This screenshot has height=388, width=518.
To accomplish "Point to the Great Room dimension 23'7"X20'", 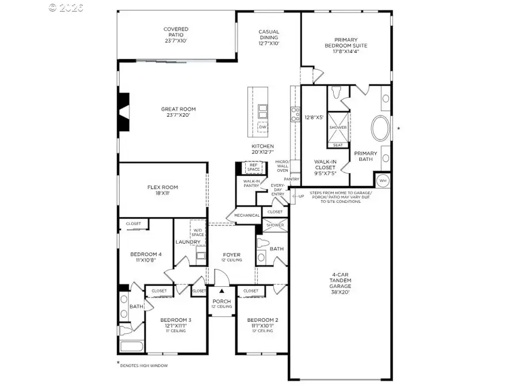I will pos(178,115).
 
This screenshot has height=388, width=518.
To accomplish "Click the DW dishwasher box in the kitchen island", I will pos(263,127).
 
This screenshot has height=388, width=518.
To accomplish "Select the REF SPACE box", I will pos(253,167).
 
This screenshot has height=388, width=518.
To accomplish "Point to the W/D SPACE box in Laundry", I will pos(198,232).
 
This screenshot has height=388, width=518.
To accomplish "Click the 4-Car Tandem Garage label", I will pos(340,282).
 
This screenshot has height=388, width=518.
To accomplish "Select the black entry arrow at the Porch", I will pos(222,291).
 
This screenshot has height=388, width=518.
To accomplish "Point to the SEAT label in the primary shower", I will pos(338,145).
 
